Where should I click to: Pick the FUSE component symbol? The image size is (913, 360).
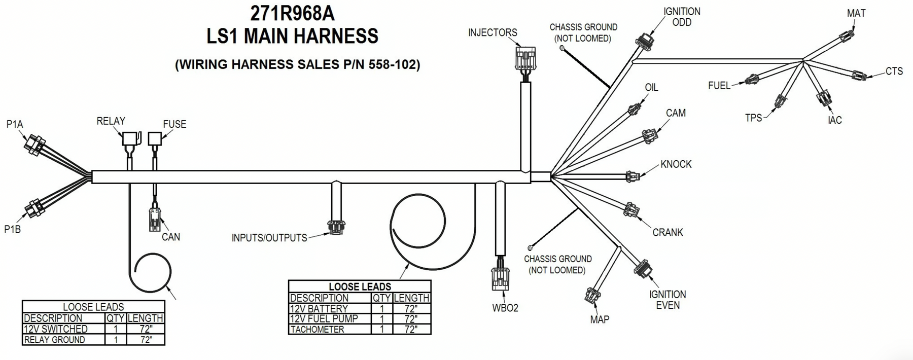pyautogui.click(x=155, y=139)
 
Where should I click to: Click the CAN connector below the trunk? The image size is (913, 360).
pyautogui.click(x=155, y=219)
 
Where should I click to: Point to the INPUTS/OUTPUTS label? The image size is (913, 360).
pyautogui.click(x=269, y=238)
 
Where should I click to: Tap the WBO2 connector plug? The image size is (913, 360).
pyautogui.click(x=500, y=278)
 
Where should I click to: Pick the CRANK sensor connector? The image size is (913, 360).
pyautogui.click(x=631, y=210)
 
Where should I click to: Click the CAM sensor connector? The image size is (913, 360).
pyautogui.click(x=649, y=136)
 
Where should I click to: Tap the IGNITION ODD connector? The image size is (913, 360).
pyautogui.click(x=644, y=43)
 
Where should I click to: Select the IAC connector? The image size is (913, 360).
pyautogui.click(x=824, y=97)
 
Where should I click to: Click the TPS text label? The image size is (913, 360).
pyautogui.click(x=753, y=118)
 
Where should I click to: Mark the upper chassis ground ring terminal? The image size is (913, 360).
pyautogui.click(x=562, y=48)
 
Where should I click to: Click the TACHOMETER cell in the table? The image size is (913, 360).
pyautogui.click(x=317, y=330)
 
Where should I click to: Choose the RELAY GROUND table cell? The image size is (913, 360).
pyautogui.click(x=55, y=340)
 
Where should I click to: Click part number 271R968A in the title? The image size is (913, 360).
pyautogui.click(x=293, y=14)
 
